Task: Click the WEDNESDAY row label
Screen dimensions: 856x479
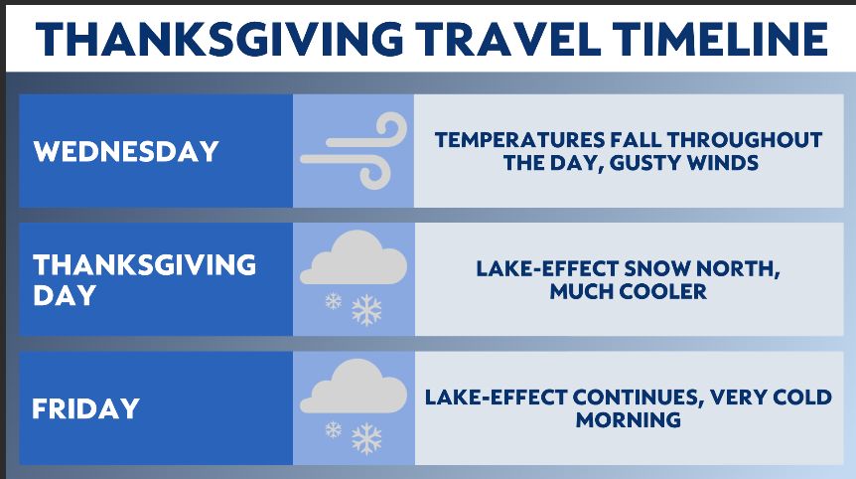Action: click(x=126, y=151)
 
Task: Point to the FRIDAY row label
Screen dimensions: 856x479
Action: click(x=86, y=408)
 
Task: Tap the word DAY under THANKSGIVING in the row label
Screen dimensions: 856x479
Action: click(x=65, y=295)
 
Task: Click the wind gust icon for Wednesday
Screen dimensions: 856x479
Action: click(x=354, y=151)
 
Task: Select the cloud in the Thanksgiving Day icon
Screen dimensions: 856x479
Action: click(x=354, y=257)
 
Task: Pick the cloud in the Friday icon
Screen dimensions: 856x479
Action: click(x=354, y=387)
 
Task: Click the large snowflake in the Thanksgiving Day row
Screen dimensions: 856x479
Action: click(x=366, y=310)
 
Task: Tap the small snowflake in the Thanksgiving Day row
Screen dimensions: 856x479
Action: click(x=333, y=301)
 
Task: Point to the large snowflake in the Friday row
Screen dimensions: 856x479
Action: click(x=366, y=439)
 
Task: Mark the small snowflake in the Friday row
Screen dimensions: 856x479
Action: click(x=333, y=430)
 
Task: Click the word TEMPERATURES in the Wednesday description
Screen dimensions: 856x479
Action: click(x=519, y=140)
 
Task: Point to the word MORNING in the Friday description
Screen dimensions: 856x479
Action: click(x=629, y=420)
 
